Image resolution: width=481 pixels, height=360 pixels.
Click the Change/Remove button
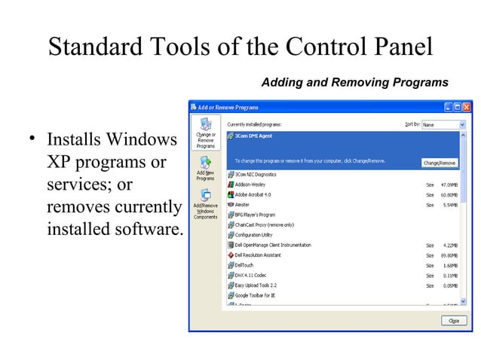pyautogui.click(x=440, y=162)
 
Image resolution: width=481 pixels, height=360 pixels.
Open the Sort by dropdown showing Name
pyautogui.click(x=443, y=124)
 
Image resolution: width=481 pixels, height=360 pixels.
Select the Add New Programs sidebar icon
pyautogui.click(x=205, y=167)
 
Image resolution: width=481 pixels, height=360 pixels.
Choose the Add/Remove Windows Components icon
pyautogui.click(x=205, y=203)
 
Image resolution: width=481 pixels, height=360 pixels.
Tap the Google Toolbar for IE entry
pyautogui.click(x=255, y=295)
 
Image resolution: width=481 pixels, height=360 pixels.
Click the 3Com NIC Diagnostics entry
pyautogui.click(x=256, y=174)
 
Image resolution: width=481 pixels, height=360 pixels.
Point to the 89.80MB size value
pyautogui.click(x=450, y=255)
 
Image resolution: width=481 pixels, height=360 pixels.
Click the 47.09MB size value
pyautogui.click(x=450, y=184)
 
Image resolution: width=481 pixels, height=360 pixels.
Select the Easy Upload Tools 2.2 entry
pyautogui.click(x=256, y=285)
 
